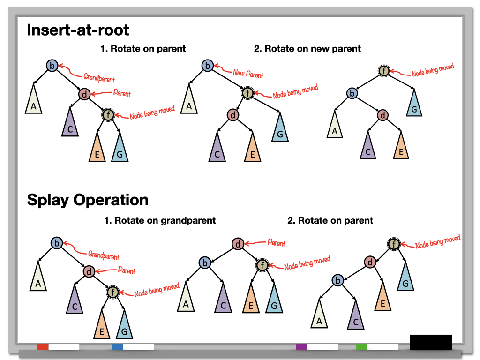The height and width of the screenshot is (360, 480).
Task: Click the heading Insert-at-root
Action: [x=78, y=30]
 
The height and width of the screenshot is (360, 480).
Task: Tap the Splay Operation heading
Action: [x=88, y=200]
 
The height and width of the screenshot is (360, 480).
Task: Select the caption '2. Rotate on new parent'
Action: [x=307, y=48]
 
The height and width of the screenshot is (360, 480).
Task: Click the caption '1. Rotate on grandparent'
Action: [x=160, y=220]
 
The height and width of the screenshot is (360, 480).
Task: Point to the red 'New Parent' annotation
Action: [x=248, y=74]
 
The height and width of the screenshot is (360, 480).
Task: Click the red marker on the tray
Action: [x=43, y=347]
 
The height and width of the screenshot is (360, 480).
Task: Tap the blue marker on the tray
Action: [x=117, y=347]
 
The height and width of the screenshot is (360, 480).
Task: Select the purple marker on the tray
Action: [x=301, y=347]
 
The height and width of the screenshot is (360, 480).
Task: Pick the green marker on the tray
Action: [x=361, y=347]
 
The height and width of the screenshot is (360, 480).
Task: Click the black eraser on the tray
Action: [x=431, y=342]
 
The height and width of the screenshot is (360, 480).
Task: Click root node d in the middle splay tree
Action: [x=238, y=244]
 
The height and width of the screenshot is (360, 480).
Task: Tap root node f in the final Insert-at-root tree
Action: [x=384, y=71]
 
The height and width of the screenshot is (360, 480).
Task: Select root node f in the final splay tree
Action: [x=394, y=244]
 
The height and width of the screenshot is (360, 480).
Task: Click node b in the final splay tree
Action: [x=337, y=280]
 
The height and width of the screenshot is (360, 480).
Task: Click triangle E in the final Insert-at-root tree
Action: [x=400, y=148]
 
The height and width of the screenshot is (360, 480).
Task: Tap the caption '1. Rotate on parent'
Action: [x=143, y=48]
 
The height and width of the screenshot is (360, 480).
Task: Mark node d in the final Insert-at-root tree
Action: [x=383, y=115]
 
